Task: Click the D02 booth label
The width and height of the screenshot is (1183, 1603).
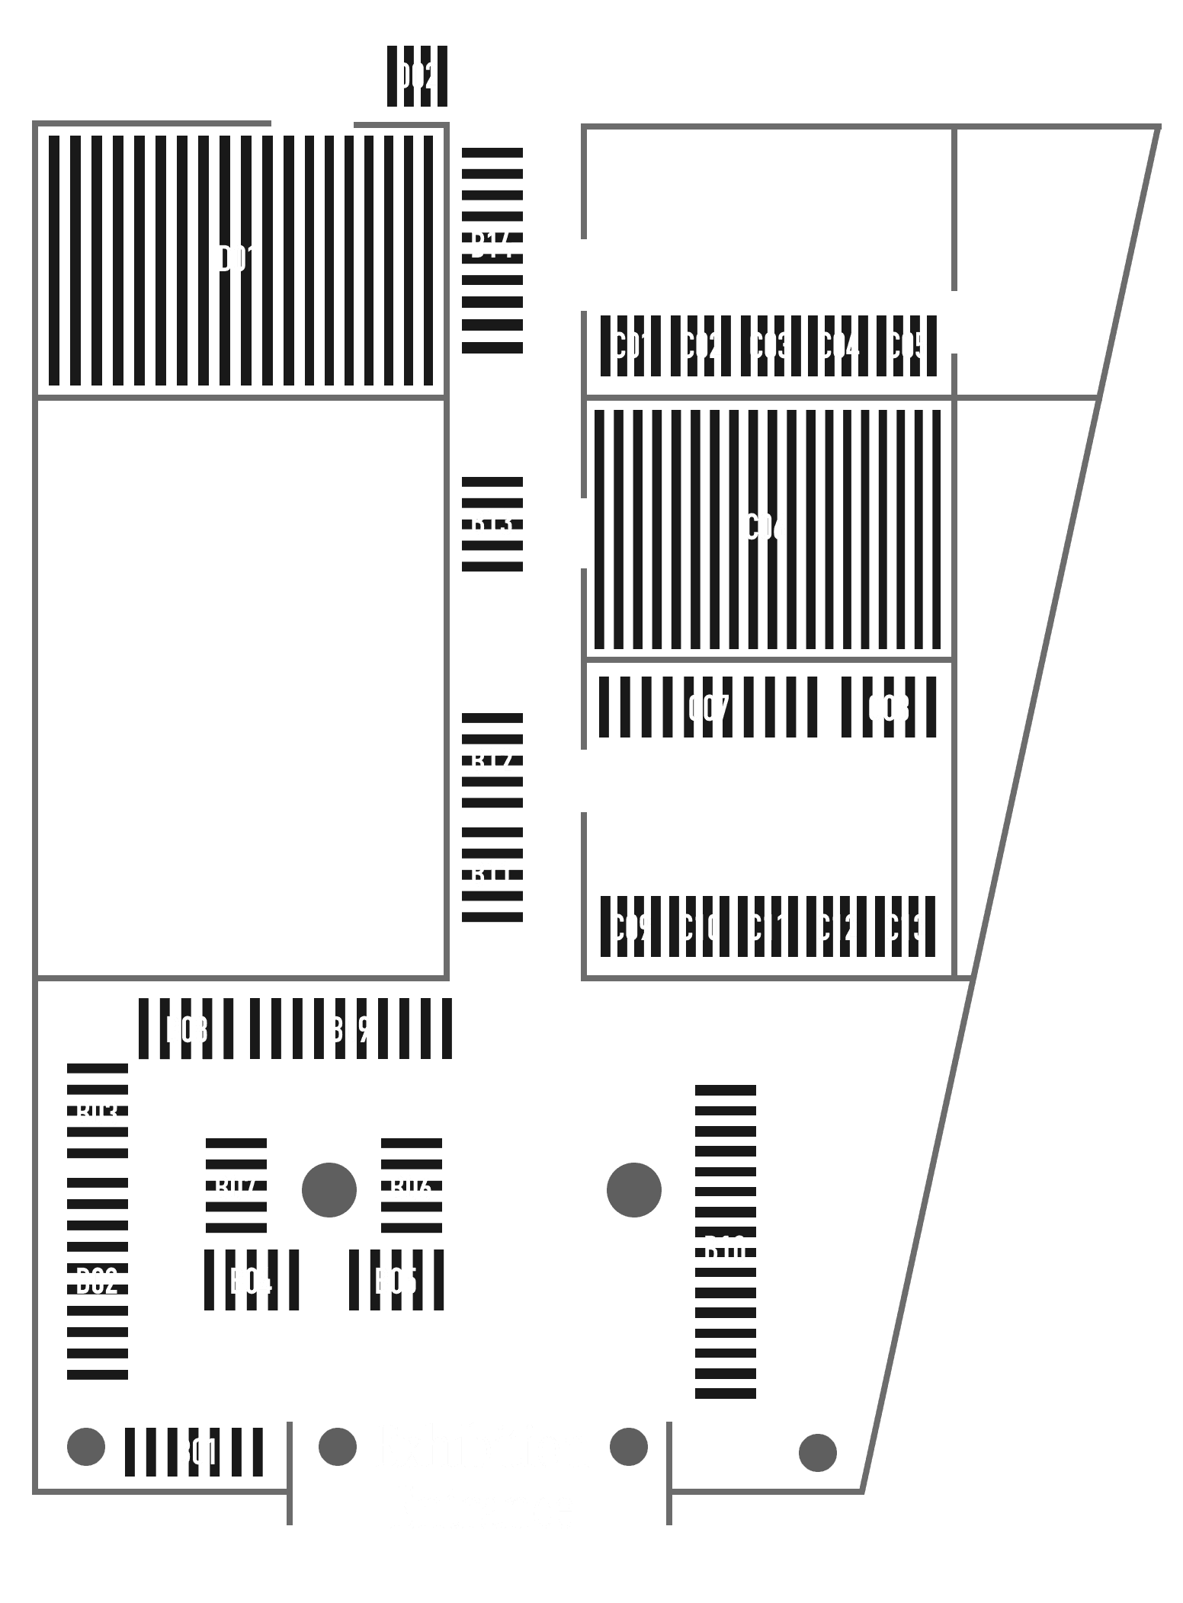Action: [417, 77]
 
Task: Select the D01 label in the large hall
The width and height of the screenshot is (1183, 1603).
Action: [238, 259]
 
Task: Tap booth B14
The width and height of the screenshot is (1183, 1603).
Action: [492, 246]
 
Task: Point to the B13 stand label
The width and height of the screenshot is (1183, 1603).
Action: [492, 523]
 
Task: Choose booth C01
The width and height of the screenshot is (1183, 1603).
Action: [631, 346]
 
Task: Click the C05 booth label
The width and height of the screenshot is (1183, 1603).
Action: [906, 346]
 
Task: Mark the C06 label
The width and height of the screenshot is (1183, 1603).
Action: [765, 527]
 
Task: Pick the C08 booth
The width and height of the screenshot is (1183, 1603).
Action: [889, 709]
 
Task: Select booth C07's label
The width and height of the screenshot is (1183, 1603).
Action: [709, 709]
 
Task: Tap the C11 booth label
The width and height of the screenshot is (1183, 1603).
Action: [768, 927]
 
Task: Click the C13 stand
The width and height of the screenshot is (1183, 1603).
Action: [905, 927]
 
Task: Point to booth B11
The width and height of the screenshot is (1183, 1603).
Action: [492, 875]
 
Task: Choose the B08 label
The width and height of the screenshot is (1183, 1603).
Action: [187, 1030]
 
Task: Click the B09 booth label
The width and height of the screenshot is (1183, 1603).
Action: [350, 1030]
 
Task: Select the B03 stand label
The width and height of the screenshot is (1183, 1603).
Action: [97, 1115]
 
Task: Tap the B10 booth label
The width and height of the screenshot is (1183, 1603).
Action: [725, 1250]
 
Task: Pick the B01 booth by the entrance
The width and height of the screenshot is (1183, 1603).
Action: [197, 1452]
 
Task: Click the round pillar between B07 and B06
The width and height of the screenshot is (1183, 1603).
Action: [329, 1189]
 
